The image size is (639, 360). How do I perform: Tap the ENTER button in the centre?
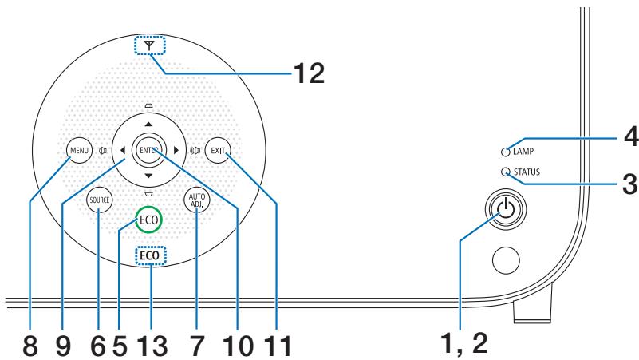(x=148, y=148)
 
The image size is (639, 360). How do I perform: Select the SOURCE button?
(x=100, y=200)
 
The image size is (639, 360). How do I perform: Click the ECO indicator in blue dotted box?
(x=148, y=255)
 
